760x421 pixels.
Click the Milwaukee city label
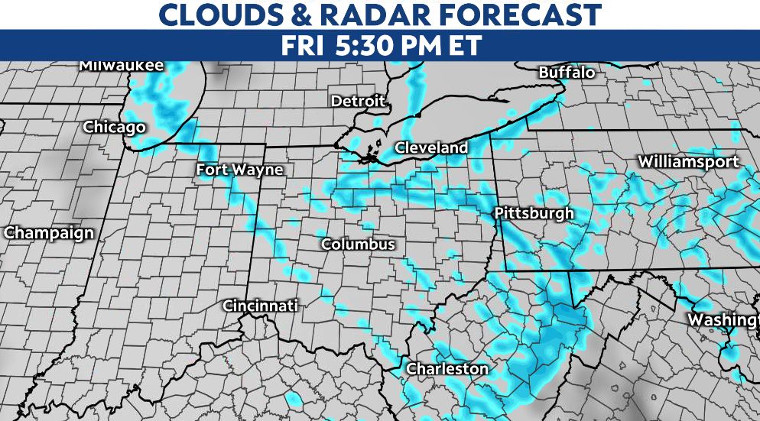[x=121, y=66]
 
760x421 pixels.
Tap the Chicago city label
[x=114, y=127]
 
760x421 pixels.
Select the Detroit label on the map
[x=358, y=101]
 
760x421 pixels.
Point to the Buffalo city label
[x=567, y=73]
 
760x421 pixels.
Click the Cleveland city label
[x=431, y=147]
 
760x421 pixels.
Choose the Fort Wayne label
[x=239, y=170]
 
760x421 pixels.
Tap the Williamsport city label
[x=689, y=161]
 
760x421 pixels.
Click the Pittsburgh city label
[x=534, y=213]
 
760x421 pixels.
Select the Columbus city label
[x=358, y=245]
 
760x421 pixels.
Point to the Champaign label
[x=49, y=233]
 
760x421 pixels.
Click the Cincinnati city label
[x=260, y=306]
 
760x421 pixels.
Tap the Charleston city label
[x=447, y=368]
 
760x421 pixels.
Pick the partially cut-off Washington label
[x=723, y=319]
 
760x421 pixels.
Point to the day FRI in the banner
[x=303, y=45]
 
